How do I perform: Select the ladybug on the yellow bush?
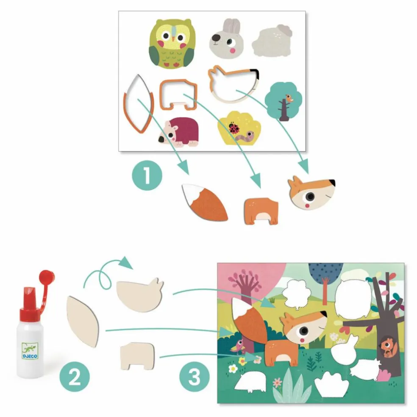tap(234, 128)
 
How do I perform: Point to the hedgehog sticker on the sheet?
tap(178, 132)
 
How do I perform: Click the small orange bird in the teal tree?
tap(289, 98)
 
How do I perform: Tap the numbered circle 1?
tap(147, 175)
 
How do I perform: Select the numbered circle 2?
tap(75, 377)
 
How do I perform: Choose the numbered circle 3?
tap(195, 377)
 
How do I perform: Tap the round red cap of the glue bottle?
tap(47, 277)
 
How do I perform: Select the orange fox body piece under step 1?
tap(261, 211)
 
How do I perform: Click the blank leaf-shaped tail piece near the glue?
tap(83, 322)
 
